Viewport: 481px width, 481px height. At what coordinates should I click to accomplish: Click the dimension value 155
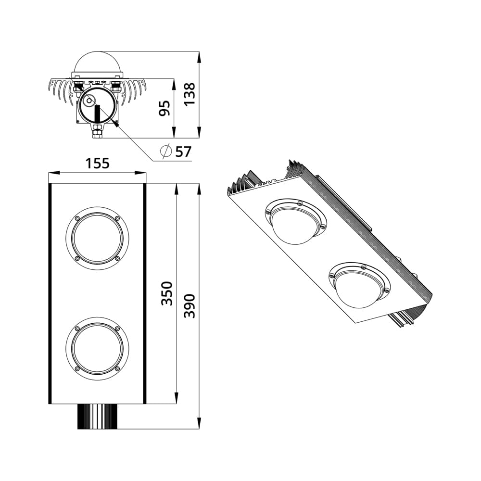[98, 164]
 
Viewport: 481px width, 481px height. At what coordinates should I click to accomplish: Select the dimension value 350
[166, 293]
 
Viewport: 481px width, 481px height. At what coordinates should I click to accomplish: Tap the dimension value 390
[190, 305]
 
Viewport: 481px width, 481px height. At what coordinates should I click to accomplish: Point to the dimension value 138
[190, 94]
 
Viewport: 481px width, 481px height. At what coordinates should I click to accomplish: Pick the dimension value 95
[165, 108]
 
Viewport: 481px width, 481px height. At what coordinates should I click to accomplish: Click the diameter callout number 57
[183, 152]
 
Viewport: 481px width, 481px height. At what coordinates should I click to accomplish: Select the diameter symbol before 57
[165, 152]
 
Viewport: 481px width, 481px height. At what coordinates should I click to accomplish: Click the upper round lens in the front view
[97, 238]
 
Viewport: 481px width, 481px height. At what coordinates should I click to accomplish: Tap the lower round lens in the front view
[97, 348]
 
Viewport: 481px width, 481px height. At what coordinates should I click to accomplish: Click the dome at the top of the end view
[98, 63]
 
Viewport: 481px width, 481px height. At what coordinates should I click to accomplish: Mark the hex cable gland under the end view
[98, 131]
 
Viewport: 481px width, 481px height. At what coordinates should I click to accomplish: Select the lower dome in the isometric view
[359, 287]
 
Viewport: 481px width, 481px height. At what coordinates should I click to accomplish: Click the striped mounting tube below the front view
[98, 416]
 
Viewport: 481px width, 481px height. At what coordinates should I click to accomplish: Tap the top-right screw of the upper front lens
[117, 218]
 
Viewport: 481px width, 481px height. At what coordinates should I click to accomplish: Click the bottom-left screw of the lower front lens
[77, 368]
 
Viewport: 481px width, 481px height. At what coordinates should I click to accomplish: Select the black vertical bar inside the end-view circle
[98, 115]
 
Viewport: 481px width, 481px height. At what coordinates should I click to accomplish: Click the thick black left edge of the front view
[50, 293]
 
